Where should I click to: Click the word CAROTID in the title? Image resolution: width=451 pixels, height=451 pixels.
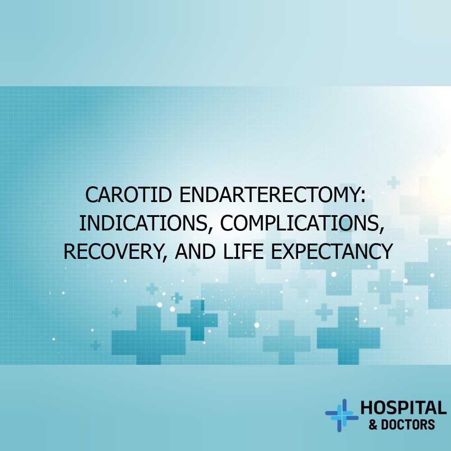(129, 195)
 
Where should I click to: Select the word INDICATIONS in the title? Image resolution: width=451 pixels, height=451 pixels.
(143, 223)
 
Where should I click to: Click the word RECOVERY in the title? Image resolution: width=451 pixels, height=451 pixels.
(114, 251)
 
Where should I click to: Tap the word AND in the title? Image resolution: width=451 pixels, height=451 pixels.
(195, 251)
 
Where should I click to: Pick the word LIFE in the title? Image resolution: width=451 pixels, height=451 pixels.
(244, 251)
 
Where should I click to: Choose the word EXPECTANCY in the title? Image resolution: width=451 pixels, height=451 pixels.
(332, 251)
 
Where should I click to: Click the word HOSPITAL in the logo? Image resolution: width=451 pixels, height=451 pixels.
(403, 408)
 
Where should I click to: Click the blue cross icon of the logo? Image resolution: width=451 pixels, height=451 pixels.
(342, 415)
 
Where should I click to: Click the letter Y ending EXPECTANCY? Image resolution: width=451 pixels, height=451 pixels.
(387, 251)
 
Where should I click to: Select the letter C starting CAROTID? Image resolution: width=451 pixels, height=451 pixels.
(92, 195)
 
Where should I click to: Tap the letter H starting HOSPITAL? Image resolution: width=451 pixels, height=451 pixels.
(366, 408)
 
